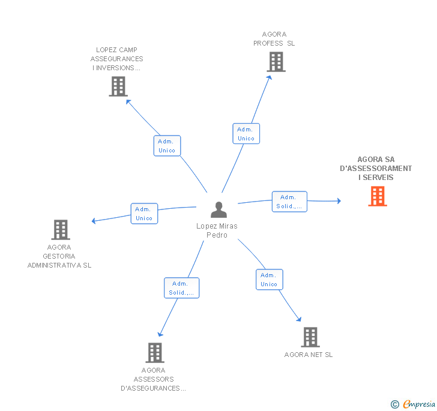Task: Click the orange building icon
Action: tap(377, 196)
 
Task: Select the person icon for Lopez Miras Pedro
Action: tap(219, 210)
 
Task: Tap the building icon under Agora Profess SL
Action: tap(276, 62)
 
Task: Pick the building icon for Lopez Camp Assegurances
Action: tap(118, 86)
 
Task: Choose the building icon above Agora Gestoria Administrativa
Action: tap(60, 230)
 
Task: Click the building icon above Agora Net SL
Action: tap(310, 337)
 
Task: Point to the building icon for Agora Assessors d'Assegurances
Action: tap(155, 353)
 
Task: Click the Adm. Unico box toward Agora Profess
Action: tap(246, 134)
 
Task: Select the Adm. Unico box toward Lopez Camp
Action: tap(167, 146)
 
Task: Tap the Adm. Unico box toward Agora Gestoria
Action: tap(144, 214)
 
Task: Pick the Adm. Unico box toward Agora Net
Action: tap(269, 280)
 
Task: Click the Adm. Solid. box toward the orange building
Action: tap(289, 202)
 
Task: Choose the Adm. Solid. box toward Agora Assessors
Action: tap(181, 288)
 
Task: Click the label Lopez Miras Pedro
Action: tap(217, 230)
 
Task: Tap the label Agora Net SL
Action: tap(309, 355)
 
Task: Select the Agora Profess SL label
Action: tap(274, 39)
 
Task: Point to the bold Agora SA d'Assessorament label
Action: tap(376, 169)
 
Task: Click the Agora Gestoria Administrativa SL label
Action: tap(59, 256)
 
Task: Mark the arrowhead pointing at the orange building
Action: tap(339, 201)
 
